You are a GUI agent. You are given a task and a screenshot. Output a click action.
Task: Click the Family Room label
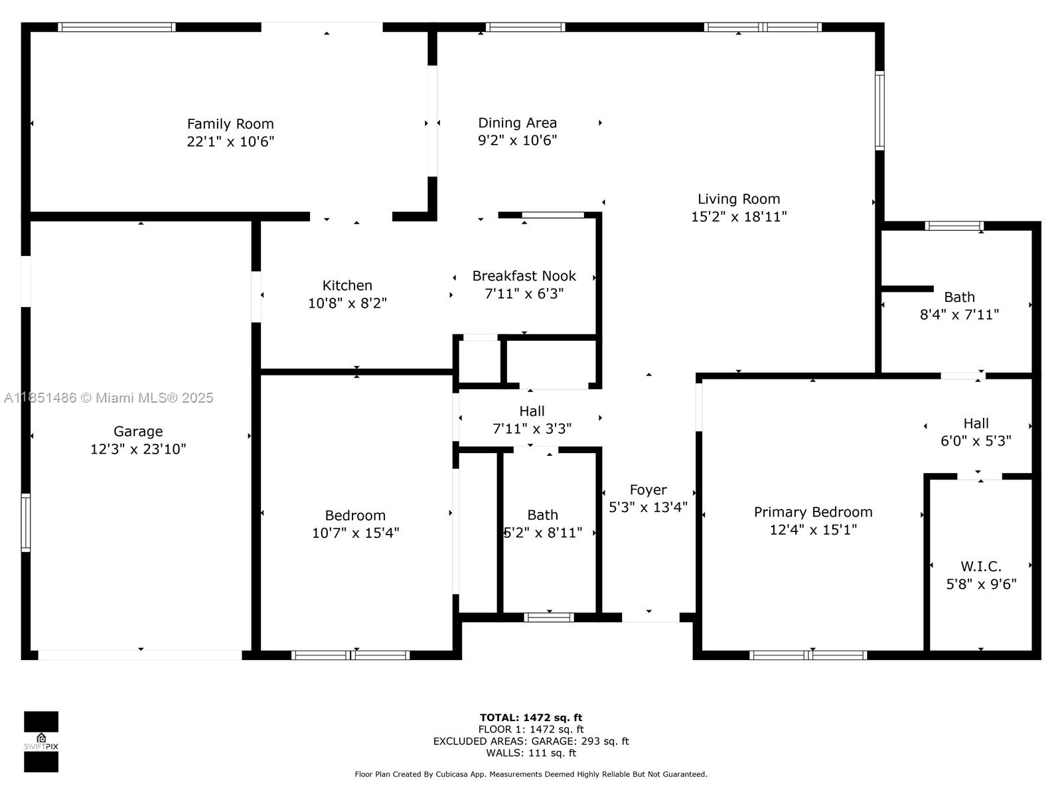point(230,124)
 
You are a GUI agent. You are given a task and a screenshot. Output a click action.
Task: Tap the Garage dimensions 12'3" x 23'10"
point(138,449)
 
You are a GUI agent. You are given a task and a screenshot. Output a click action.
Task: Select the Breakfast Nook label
point(524,276)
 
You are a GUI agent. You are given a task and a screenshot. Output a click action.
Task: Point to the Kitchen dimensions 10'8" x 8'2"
point(347,303)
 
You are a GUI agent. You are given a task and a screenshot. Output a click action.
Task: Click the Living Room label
point(738,199)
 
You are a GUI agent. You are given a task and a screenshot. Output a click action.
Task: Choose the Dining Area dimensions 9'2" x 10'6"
point(517,140)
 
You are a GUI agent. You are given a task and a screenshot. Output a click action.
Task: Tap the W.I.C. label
point(980,566)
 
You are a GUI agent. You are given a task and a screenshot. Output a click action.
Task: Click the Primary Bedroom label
point(812,512)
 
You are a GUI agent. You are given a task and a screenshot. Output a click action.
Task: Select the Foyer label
point(648,490)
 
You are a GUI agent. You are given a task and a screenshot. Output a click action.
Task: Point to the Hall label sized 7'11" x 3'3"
point(532,411)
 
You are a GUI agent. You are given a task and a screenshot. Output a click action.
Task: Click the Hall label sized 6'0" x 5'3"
point(976,423)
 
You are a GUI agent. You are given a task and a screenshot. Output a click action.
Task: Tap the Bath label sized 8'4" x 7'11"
point(959,297)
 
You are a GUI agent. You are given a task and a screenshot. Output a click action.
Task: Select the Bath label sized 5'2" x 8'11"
point(542,515)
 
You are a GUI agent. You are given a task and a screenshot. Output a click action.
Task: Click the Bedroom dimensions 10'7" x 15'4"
point(355,533)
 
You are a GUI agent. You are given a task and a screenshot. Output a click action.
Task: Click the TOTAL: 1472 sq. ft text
point(530,717)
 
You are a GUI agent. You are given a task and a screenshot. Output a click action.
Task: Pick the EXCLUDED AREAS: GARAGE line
point(530,741)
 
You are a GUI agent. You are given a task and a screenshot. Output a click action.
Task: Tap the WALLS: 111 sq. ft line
point(530,753)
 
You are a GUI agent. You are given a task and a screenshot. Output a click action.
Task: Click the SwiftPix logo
point(41,742)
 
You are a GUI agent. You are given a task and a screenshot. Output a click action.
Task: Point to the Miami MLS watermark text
point(108,397)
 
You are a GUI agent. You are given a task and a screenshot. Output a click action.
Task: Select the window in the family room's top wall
point(117,27)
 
